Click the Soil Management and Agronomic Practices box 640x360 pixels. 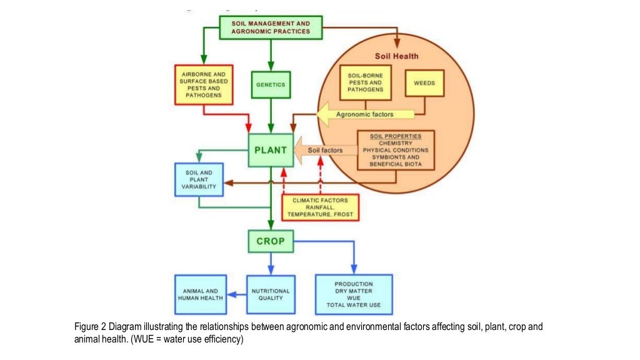point(271,27)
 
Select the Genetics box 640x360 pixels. point(270,84)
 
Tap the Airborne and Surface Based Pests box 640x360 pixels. point(203,84)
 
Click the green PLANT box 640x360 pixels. point(270,150)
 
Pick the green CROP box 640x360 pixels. point(270,241)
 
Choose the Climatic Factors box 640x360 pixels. point(320,207)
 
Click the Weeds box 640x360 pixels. point(424,83)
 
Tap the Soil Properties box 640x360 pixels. point(395,150)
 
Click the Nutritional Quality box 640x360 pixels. point(270,294)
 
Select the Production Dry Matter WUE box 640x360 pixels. point(354,294)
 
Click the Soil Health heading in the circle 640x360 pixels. point(396,56)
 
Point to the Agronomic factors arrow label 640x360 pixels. point(366,114)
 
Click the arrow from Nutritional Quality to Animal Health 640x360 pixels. point(236,294)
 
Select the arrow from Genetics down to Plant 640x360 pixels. point(270,116)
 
